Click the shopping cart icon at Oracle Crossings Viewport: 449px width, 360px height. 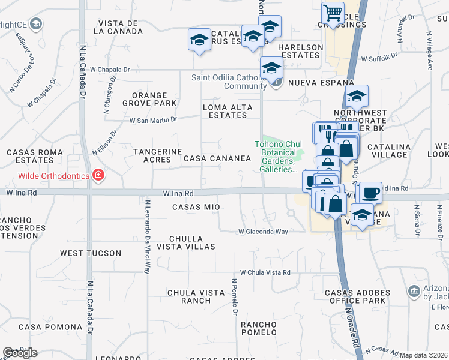tap(332, 13)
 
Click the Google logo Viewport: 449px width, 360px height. tap(20, 352)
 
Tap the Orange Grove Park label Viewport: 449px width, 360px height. tap(154, 99)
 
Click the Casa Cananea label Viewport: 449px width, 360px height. tap(217, 158)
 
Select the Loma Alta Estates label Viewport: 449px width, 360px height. tap(228, 111)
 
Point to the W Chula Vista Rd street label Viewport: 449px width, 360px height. tap(265, 272)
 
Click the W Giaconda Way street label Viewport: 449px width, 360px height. tap(264, 231)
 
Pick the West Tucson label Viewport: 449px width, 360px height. tap(91, 253)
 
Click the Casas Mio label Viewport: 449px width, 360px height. tap(196, 207)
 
